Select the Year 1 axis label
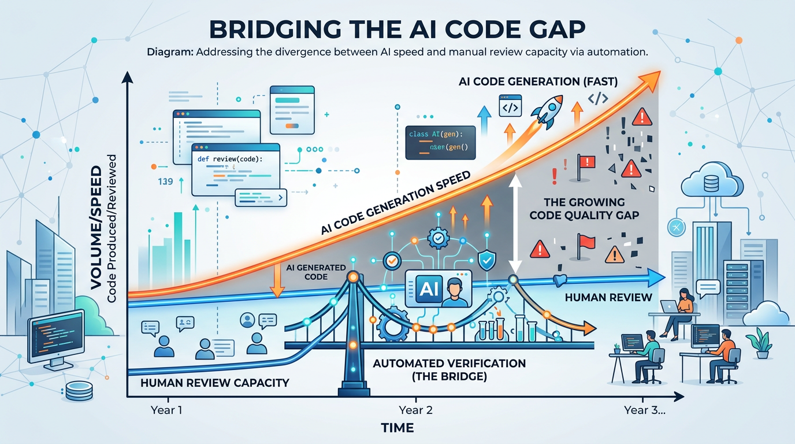point(166,410)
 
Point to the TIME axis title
point(397,428)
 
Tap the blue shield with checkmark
point(486,260)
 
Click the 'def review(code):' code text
point(229,158)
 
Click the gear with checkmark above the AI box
point(437,236)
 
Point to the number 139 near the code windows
point(165,182)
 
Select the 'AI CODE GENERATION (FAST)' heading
point(538,82)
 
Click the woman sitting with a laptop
point(682,309)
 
